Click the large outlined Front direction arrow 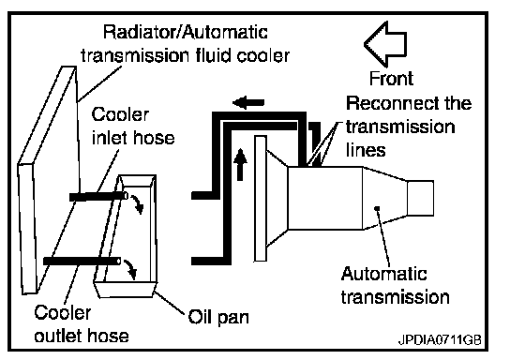[x=385, y=44]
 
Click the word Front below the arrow [x=391, y=79]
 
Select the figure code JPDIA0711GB [x=440, y=340]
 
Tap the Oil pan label [x=218, y=317]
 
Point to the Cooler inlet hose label [x=133, y=126]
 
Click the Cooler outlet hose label [x=82, y=323]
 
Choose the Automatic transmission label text [x=395, y=285]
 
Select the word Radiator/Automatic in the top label [x=186, y=32]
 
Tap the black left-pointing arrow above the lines [x=248, y=102]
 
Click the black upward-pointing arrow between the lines [x=240, y=165]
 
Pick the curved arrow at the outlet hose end [x=130, y=269]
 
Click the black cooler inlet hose [x=98, y=196]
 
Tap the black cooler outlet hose [x=82, y=261]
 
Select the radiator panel [x=49, y=180]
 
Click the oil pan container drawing [x=127, y=236]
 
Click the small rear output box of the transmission [x=420, y=198]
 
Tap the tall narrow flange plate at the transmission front [x=261, y=198]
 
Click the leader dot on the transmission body [x=377, y=208]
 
